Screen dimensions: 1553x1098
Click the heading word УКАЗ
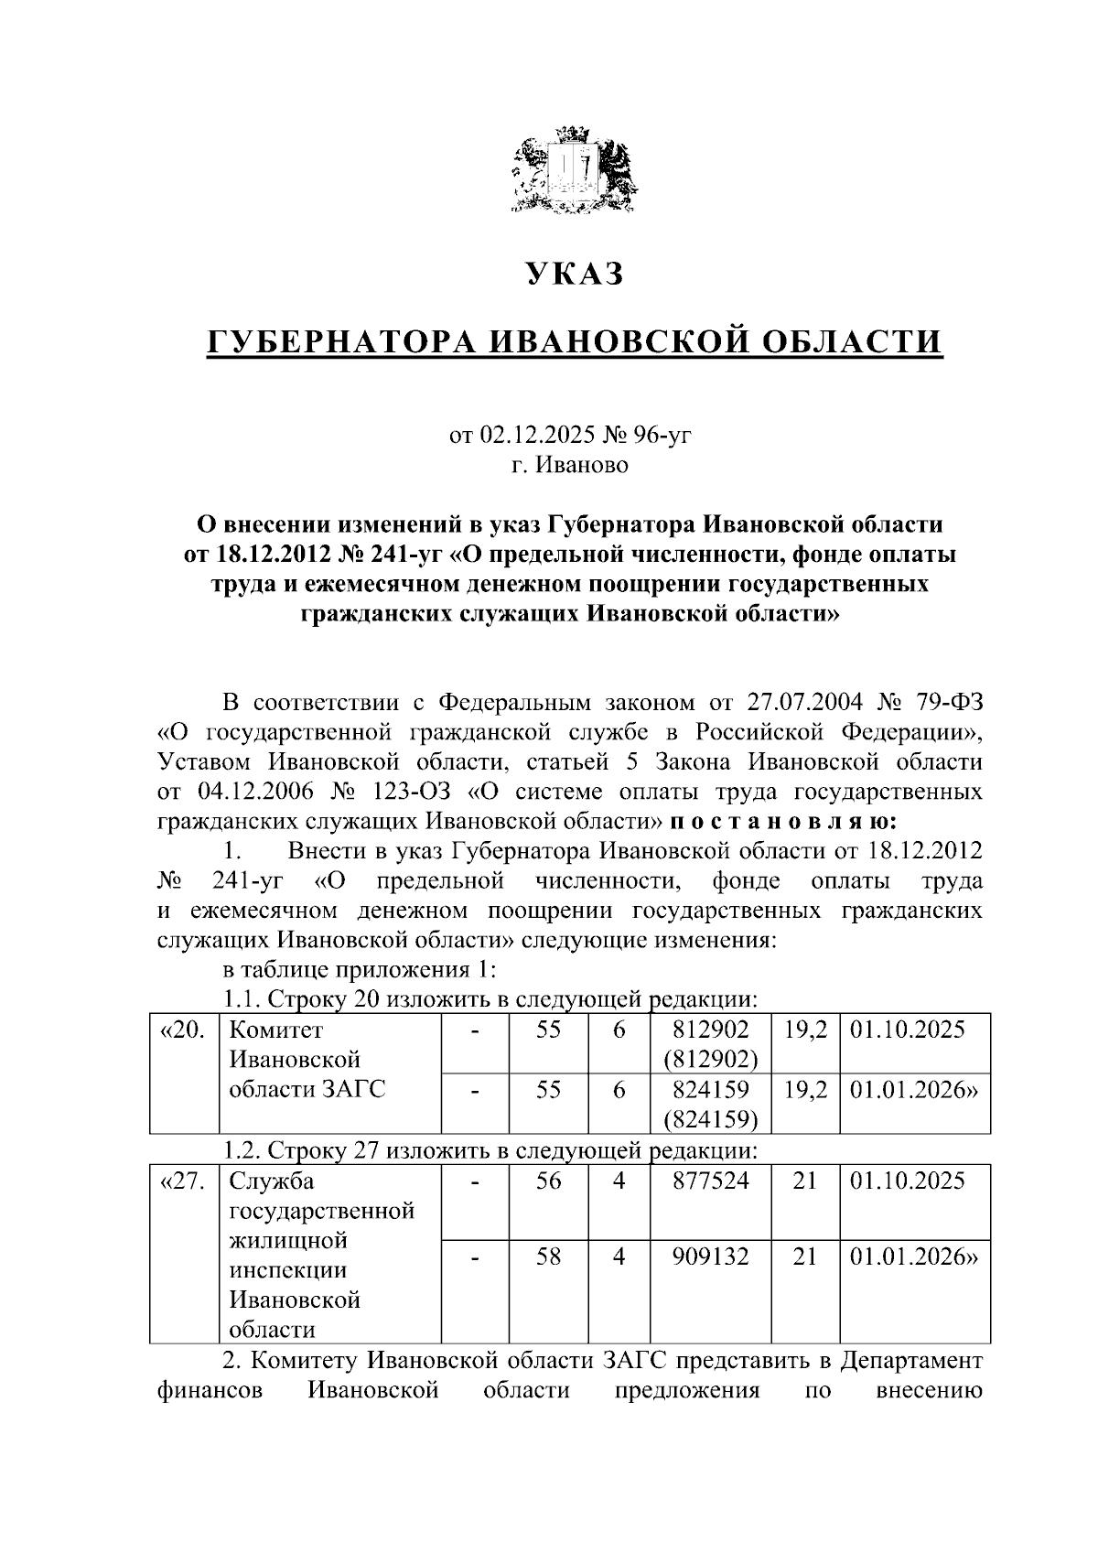(574, 274)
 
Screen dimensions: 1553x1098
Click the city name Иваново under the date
(583, 465)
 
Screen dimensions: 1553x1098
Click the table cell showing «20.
(183, 1030)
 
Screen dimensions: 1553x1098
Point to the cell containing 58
(548, 1257)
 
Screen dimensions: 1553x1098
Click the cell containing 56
(548, 1181)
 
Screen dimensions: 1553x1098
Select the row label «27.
(183, 1181)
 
